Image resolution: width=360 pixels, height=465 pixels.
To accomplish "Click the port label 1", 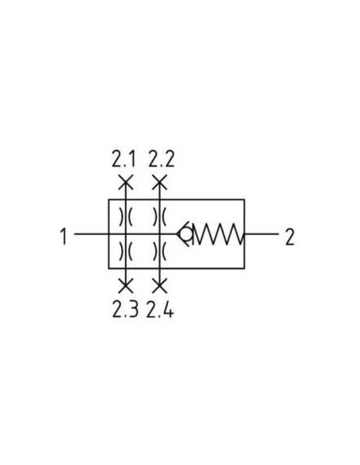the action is coord(64,236).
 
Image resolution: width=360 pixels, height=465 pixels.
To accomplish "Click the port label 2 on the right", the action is coord(290,236).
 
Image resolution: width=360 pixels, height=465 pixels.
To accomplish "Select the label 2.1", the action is coord(123,159).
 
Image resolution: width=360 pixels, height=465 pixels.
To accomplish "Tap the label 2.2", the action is coord(162,159).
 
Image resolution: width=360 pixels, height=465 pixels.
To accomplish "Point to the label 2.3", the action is coord(125,309).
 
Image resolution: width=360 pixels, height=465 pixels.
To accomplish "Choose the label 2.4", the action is coord(160,309).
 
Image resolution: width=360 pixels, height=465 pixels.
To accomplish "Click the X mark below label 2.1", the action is coord(126,182).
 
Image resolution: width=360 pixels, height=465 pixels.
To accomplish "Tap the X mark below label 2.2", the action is coord(159,182).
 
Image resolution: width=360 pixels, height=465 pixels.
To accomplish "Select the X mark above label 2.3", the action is coord(126,286).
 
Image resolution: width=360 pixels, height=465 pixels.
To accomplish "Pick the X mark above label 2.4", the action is coord(159,286).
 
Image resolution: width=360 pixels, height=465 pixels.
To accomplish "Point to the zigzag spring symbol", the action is coord(219,234).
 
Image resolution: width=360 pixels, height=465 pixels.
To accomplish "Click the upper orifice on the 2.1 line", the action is coord(126,217).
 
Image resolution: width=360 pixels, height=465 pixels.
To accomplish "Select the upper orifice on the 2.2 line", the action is coord(159,217).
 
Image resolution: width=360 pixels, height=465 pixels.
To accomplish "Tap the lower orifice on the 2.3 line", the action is coord(126,251).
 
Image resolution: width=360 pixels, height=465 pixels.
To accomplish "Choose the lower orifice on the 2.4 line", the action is coord(159,251).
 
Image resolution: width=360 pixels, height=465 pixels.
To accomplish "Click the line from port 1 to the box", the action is coord(92,233).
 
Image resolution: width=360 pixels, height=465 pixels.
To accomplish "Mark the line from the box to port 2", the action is coord(261,233).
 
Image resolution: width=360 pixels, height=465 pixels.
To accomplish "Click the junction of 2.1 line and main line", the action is coord(126,233).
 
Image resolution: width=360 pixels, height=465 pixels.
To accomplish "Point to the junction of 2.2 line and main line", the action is coord(159,233).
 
